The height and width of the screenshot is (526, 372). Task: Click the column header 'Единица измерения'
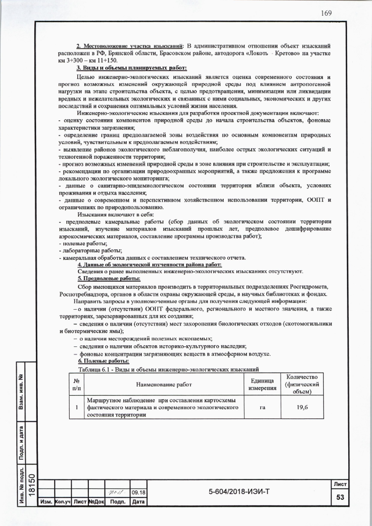coord(262,385)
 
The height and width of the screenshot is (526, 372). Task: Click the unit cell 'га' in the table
coord(262,408)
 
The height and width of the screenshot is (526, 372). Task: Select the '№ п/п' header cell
coord(76,385)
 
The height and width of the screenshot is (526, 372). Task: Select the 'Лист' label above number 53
coord(339,484)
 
